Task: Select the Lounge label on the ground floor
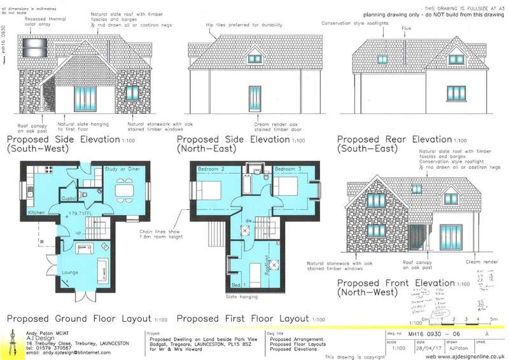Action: (71, 273)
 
